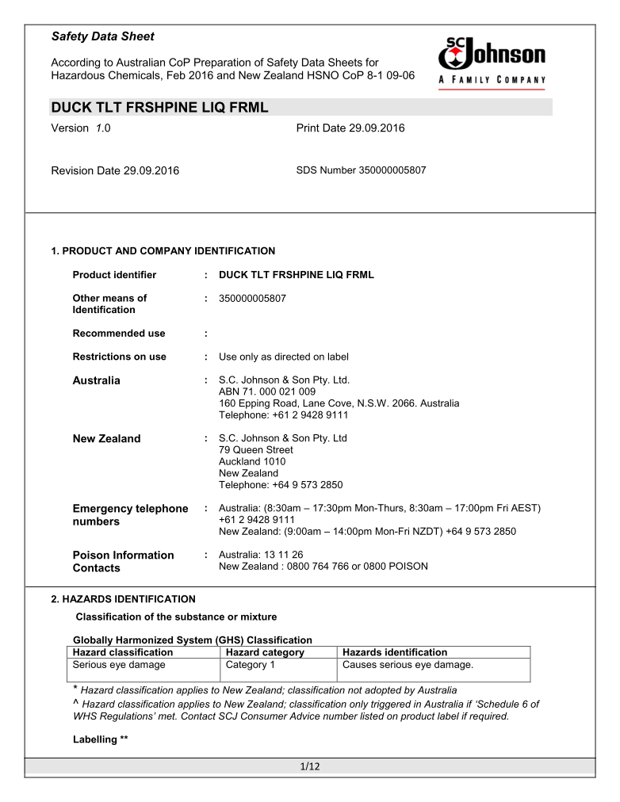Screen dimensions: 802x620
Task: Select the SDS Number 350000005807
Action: [x=361, y=170]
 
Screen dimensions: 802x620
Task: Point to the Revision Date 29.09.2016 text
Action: [x=115, y=171]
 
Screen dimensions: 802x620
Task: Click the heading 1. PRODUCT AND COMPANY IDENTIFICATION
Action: [x=163, y=251]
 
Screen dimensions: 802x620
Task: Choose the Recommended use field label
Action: [x=119, y=334]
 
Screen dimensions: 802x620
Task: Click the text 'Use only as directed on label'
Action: [x=283, y=357]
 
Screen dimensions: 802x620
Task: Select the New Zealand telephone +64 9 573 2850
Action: [x=281, y=485]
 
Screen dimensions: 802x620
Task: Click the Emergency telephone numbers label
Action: [x=130, y=515]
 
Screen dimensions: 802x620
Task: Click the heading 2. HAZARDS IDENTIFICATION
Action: [x=122, y=599]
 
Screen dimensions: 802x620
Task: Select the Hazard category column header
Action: [x=265, y=652]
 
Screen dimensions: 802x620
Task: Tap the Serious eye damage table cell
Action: [x=119, y=665]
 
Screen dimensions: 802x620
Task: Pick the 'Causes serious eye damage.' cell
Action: [x=408, y=665]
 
